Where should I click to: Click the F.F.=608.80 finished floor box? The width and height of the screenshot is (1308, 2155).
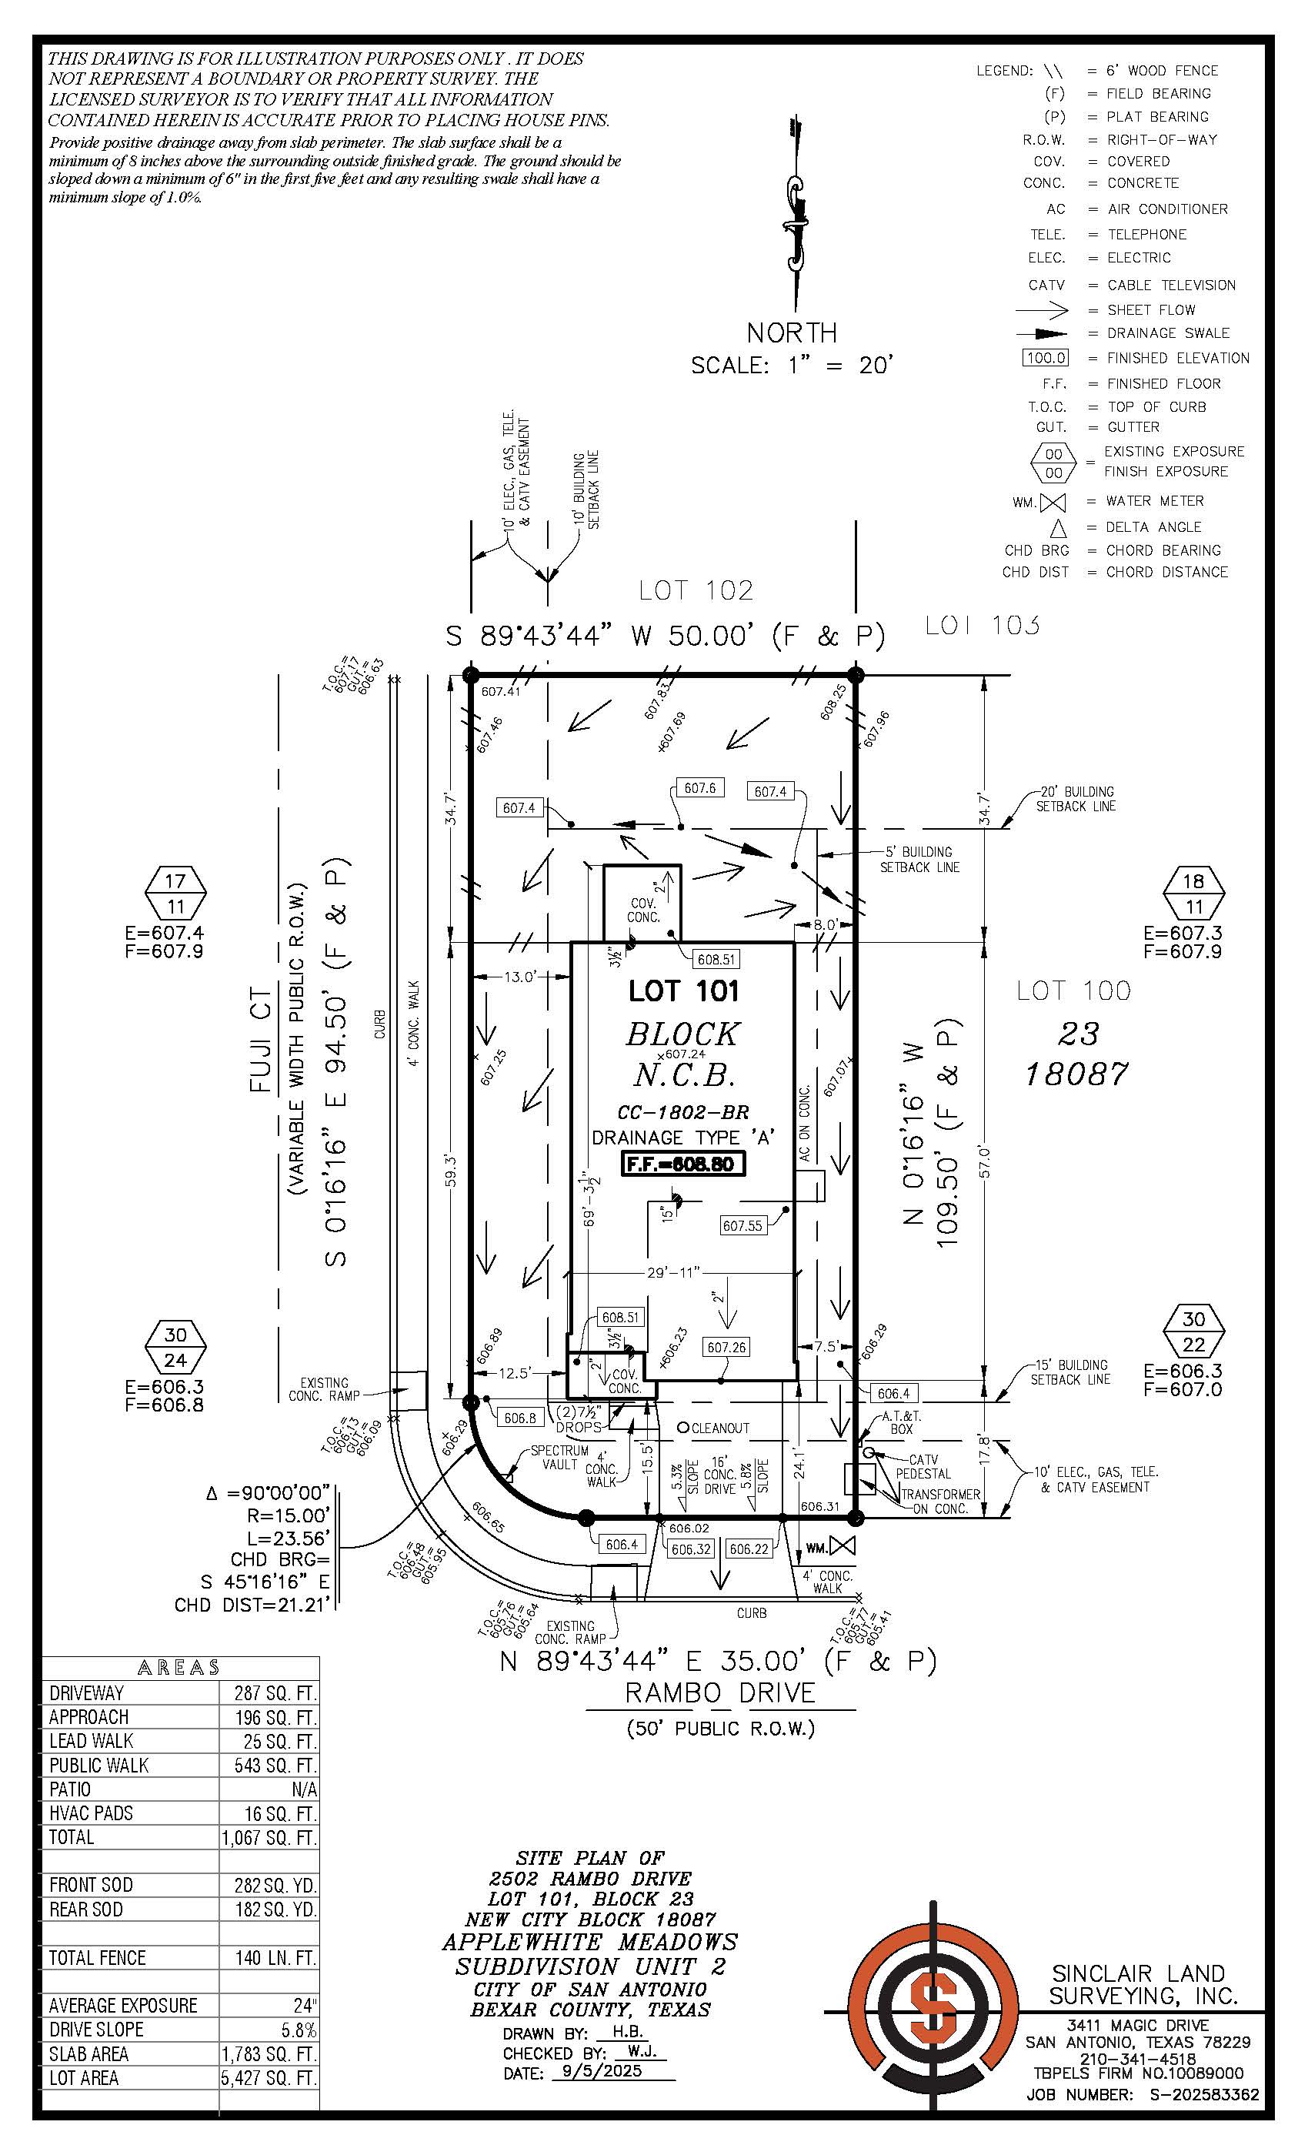click(x=683, y=1164)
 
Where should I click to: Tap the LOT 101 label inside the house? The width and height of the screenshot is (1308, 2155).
click(x=684, y=991)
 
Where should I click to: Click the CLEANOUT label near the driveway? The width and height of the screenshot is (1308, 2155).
click(x=719, y=1428)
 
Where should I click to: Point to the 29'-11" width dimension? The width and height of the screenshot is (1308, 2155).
click(x=673, y=1272)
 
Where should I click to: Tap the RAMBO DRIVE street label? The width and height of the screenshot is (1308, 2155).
click(x=719, y=1692)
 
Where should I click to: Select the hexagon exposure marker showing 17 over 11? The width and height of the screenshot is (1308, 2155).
click(x=175, y=893)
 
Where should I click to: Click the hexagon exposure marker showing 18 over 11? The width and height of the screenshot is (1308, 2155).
click(x=1193, y=893)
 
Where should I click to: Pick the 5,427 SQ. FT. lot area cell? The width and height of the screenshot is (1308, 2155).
click(x=269, y=2077)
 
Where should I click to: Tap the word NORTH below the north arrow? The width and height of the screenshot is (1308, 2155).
click(x=791, y=333)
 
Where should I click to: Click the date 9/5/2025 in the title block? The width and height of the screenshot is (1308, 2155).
click(x=602, y=2071)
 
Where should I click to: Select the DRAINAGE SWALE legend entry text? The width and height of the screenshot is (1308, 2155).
click(x=1167, y=333)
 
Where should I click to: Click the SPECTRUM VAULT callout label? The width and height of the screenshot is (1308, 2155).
click(x=559, y=1457)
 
